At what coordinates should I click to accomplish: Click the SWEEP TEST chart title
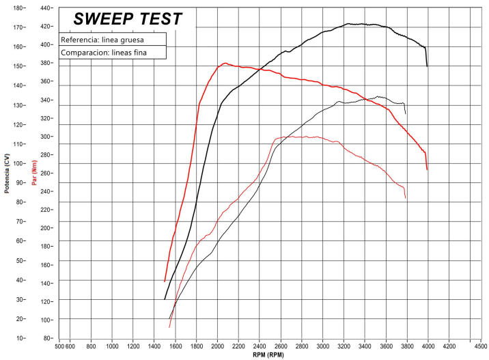(x=128, y=18)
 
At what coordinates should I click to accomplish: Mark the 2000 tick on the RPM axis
(x=218, y=346)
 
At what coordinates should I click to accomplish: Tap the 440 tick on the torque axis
(x=46, y=8)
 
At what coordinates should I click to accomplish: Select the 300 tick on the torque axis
(x=46, y=137)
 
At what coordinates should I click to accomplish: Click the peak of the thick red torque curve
(x=224, y=64)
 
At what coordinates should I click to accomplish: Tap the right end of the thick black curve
(x=428, y=66)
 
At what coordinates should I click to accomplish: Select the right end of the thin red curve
(x=406, y=198)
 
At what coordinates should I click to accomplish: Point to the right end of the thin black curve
(x=406, y=113)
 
